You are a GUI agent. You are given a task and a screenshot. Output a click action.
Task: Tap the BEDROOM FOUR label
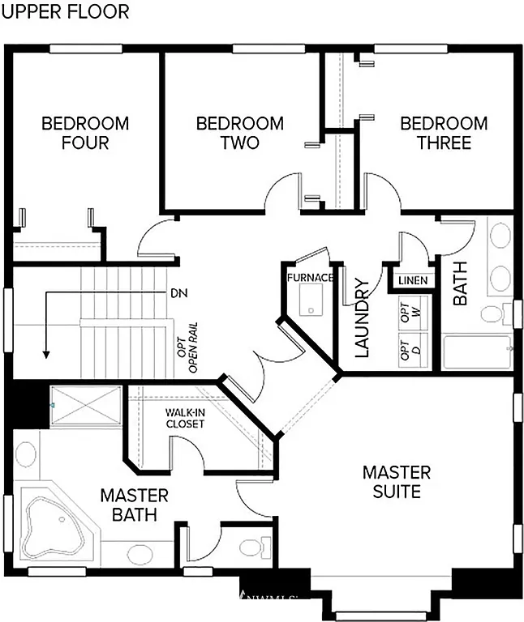point(85,133)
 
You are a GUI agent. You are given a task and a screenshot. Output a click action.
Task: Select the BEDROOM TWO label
point(240,133)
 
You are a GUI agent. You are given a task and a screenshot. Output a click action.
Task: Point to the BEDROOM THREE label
point(444,133)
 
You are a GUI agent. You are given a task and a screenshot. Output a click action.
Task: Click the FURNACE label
point(309,278)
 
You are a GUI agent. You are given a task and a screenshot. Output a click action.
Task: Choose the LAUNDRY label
point(362,318)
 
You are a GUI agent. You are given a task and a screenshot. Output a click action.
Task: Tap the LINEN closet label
point(412,281)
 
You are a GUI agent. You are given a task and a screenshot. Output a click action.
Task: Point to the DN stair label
point(178,292)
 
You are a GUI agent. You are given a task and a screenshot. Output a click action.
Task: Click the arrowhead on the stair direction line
point(46,353)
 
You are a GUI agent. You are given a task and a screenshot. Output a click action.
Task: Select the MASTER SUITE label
point(396,481)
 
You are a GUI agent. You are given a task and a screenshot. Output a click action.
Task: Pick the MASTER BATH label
point(134,505)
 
